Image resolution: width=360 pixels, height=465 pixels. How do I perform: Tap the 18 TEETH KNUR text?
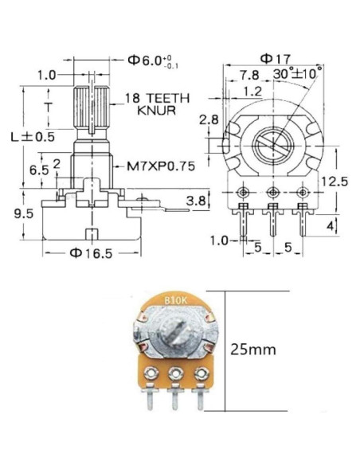(157, 104)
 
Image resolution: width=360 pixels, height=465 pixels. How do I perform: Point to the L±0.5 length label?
(37, 136)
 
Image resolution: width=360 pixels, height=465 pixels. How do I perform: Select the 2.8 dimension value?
(209, 119)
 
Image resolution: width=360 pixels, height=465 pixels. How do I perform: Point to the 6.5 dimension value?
(37, 170)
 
